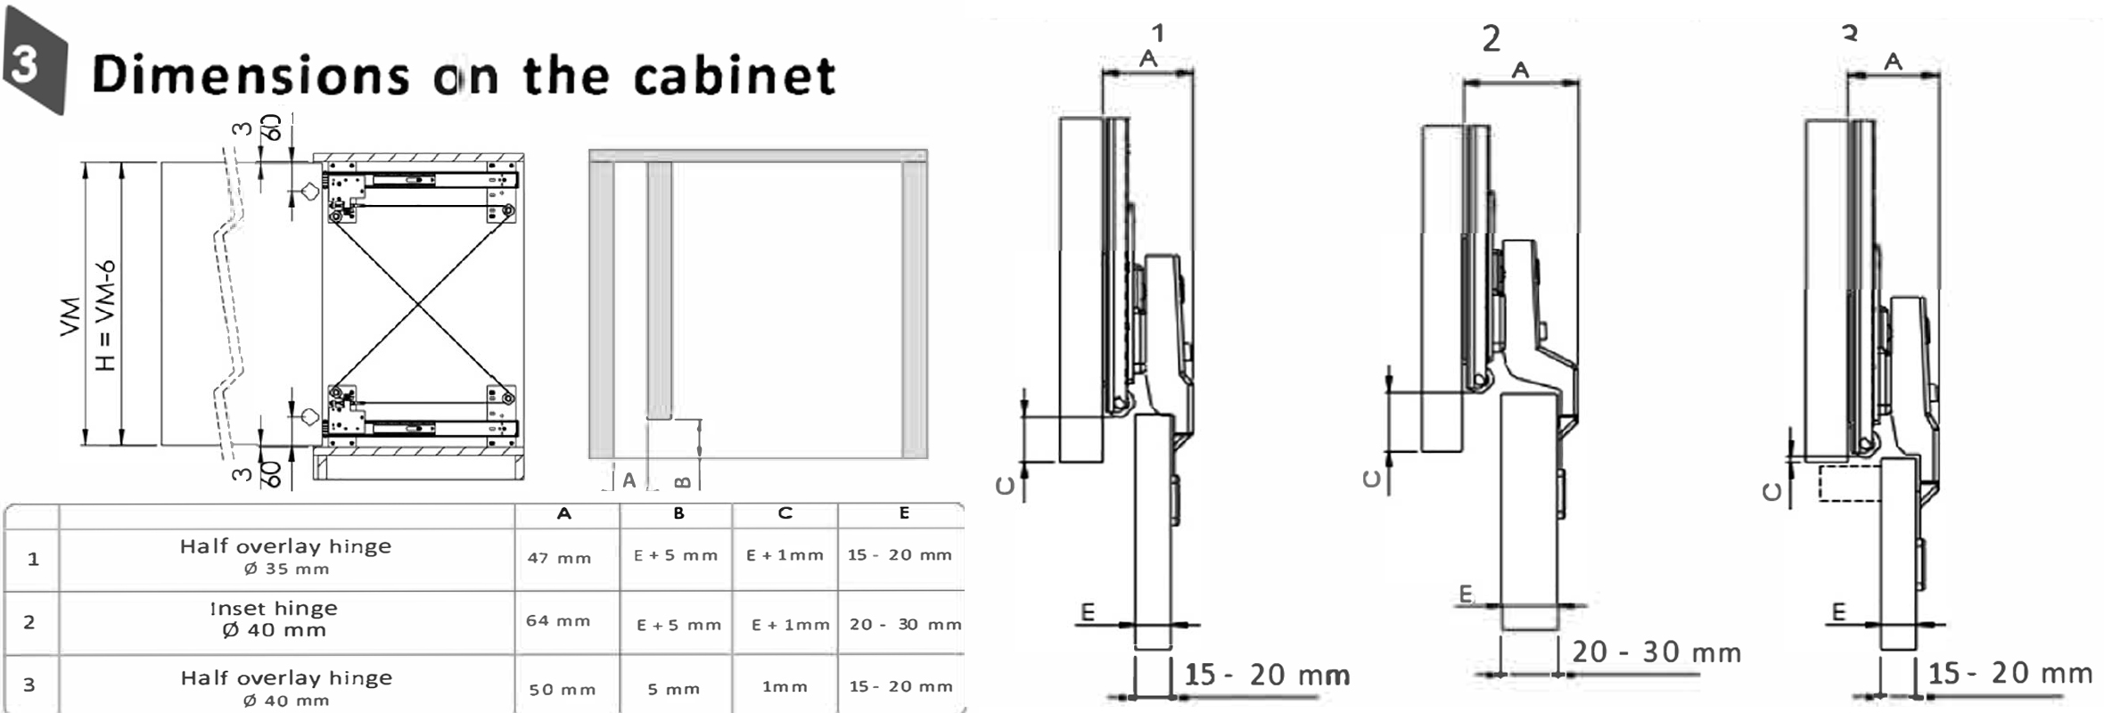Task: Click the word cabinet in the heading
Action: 735,75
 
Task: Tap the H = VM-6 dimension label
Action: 105,316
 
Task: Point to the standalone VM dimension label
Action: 70,316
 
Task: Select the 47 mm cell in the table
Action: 559,559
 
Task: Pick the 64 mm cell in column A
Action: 558,621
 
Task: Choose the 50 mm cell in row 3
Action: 563,690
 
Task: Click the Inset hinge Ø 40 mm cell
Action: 274,619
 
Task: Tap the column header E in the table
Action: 904,513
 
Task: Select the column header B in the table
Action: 678,513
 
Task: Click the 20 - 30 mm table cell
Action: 905,625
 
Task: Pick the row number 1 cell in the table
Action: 33,560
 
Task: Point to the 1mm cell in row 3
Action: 785,687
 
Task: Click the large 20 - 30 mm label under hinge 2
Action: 1656,652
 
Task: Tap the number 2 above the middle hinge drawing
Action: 1491,38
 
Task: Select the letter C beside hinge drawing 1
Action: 1006,486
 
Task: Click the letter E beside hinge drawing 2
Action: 1466,594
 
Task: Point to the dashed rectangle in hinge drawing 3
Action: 1848,482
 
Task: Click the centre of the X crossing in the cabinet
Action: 419,305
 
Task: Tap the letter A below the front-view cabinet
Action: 629,481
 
